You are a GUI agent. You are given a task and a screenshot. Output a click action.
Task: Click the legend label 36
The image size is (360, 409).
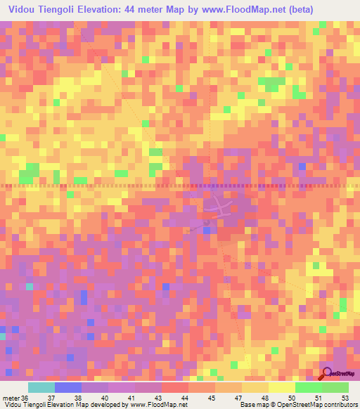(26, 398)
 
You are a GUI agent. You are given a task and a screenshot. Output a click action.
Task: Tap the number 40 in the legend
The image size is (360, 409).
(105, 398)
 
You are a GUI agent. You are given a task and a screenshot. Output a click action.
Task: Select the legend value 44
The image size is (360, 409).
(185, 398)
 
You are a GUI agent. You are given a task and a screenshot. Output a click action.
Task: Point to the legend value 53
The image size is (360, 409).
(345, 398)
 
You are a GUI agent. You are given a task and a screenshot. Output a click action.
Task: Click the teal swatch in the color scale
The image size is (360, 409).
(41, 387)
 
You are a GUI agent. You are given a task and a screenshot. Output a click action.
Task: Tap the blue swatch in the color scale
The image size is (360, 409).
(68, 387)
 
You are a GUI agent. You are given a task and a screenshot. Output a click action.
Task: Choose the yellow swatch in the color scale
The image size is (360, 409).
(281, 387)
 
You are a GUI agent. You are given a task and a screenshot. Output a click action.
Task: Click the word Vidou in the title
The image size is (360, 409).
(22, 8)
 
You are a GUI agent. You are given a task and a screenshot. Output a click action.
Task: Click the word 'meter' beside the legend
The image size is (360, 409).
(11, 398)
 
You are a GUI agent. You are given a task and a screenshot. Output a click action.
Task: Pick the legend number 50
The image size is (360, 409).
(291, 398)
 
